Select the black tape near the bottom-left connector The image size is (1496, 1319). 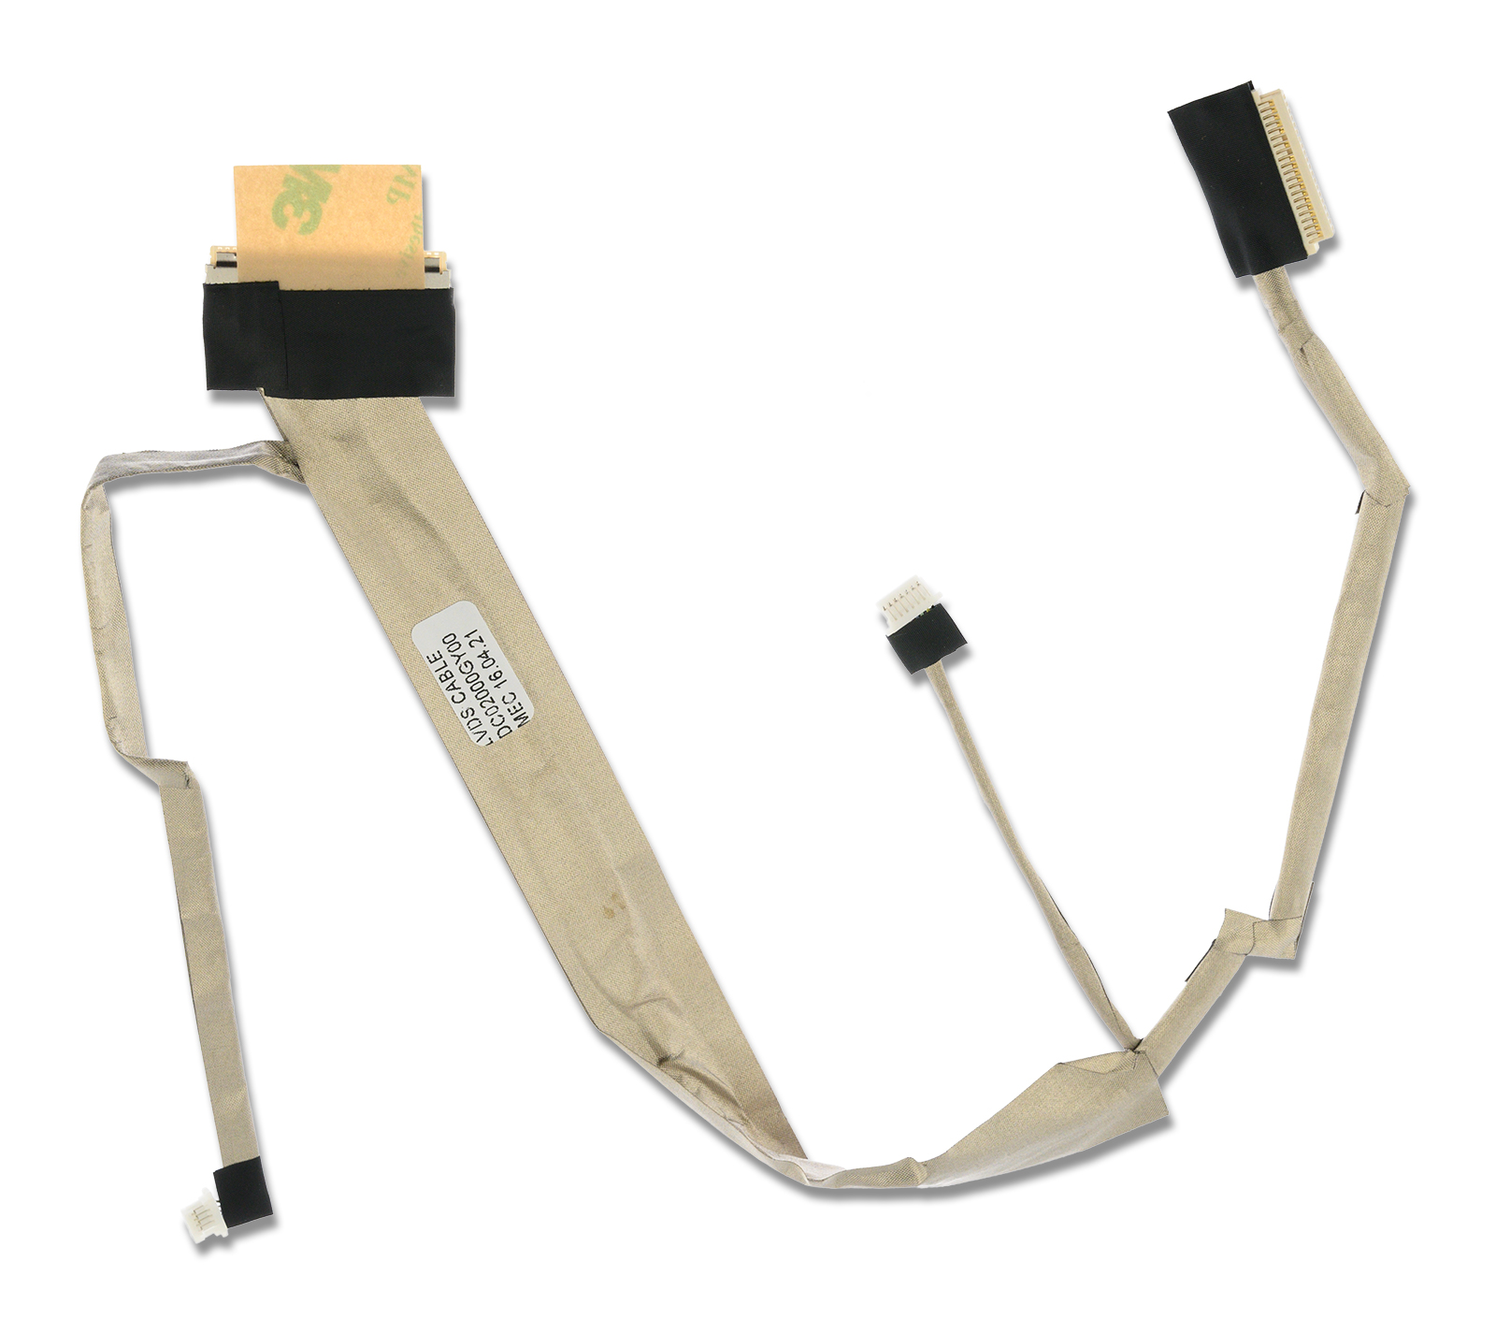coord(240,1192)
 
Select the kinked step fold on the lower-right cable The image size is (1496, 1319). coord(1244,931)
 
